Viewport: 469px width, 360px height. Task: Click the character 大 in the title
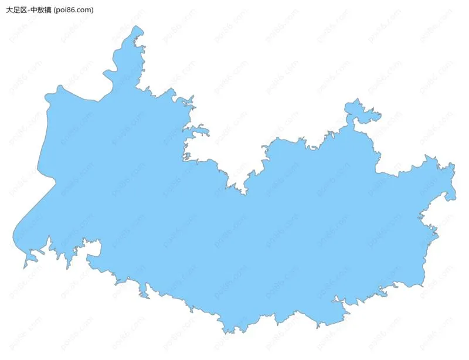click(9, 10)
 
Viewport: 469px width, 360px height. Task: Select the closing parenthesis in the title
click(92, 10)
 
